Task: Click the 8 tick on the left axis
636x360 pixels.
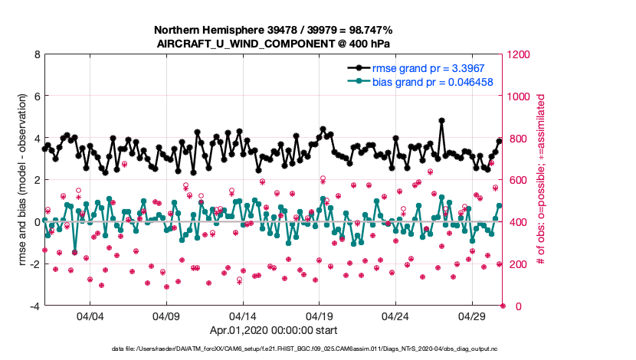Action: pos(36,55)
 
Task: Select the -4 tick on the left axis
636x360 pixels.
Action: pos(34,306)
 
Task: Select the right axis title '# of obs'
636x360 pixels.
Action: pos(541,181)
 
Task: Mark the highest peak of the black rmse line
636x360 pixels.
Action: pos(442,120)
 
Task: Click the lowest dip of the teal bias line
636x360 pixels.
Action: pos(75,251)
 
